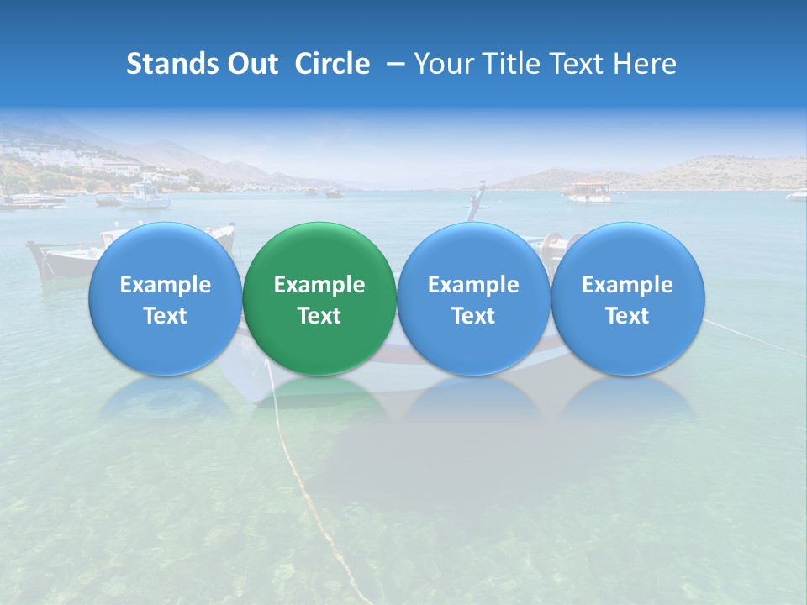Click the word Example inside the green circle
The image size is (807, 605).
(319, 285)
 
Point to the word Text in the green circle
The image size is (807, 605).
(319, 316)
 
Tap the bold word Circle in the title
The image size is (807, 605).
(332, 64)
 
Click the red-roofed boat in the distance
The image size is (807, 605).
(588, 191)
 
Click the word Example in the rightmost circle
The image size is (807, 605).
(628, 285)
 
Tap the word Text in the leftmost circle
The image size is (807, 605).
(165, 316)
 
